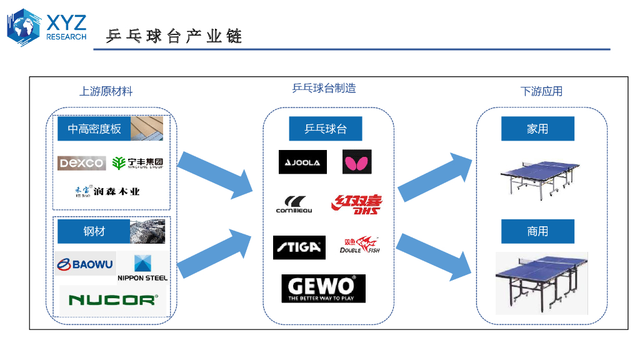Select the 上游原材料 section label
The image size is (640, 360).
[106, 91]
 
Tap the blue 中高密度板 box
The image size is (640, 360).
[94, 129]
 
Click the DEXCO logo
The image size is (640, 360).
[82, 163]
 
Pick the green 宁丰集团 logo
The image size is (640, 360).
[137, 163]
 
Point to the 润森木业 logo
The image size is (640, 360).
[107, 191]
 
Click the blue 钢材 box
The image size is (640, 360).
[94, 231]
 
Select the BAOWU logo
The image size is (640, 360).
[84, 264]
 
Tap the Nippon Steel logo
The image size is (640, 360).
[142, 267]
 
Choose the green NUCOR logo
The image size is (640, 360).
[112, 300]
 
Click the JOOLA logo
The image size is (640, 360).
[302, 162]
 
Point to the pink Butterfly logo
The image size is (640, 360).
[357, 162]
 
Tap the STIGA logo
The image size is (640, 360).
[299, 247]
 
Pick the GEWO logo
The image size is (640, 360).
[323, 289]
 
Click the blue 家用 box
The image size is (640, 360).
[537, 129]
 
